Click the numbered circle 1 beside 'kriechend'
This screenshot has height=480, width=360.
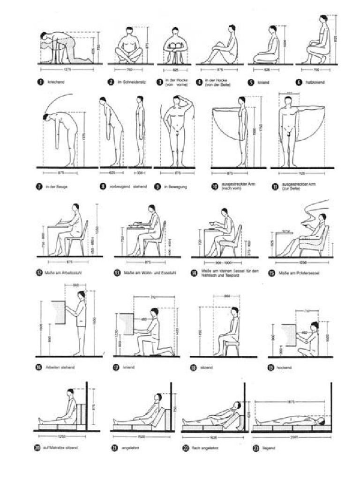pos(41,82)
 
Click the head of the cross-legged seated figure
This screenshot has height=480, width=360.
pos(129,30)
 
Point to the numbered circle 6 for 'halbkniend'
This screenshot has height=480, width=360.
pos(298,82)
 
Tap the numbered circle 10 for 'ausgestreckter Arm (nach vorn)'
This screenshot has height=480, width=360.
pos(215,186)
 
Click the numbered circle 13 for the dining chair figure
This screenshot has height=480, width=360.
pos(117,272)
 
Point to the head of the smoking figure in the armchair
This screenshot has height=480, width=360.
pos(323,217)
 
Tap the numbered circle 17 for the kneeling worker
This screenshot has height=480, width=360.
pos(116,367)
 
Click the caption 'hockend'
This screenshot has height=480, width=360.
pos(285,367)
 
